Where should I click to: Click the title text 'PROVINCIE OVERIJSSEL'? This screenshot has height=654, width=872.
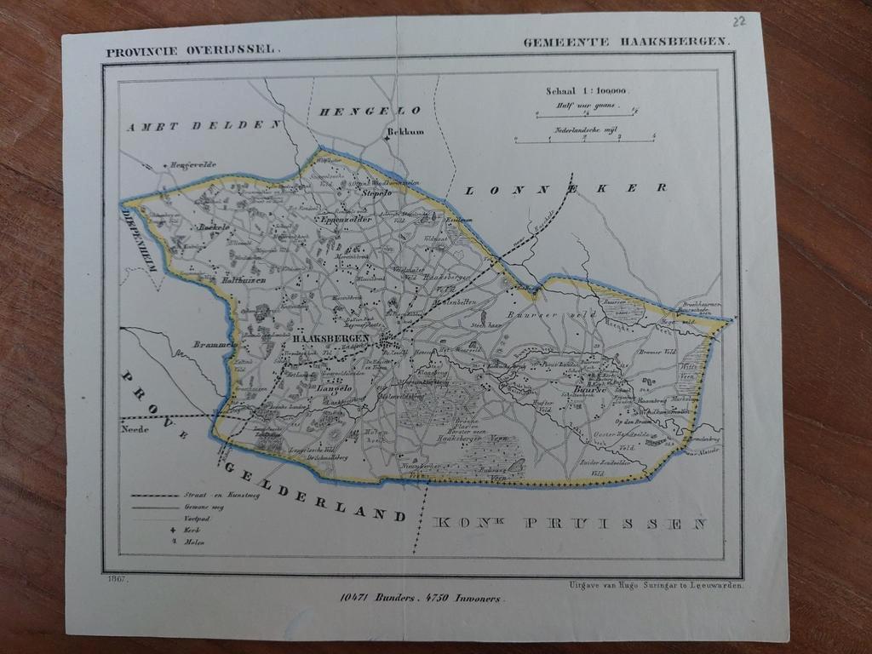pyautogui.click(x=192, y=50)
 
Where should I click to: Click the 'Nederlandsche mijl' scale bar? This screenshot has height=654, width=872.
pyautogui.click(x=584, y=139)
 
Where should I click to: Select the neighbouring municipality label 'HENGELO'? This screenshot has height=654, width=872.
pyautogui.click(x=370, y=111)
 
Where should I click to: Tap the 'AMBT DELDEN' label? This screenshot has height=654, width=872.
pyautogui.click(x=204, y=126)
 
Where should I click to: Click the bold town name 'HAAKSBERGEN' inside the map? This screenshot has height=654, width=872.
pyautogui.click(x=330, y=338)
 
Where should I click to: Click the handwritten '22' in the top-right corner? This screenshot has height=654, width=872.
pyautogui.click(x=739, y=20)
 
